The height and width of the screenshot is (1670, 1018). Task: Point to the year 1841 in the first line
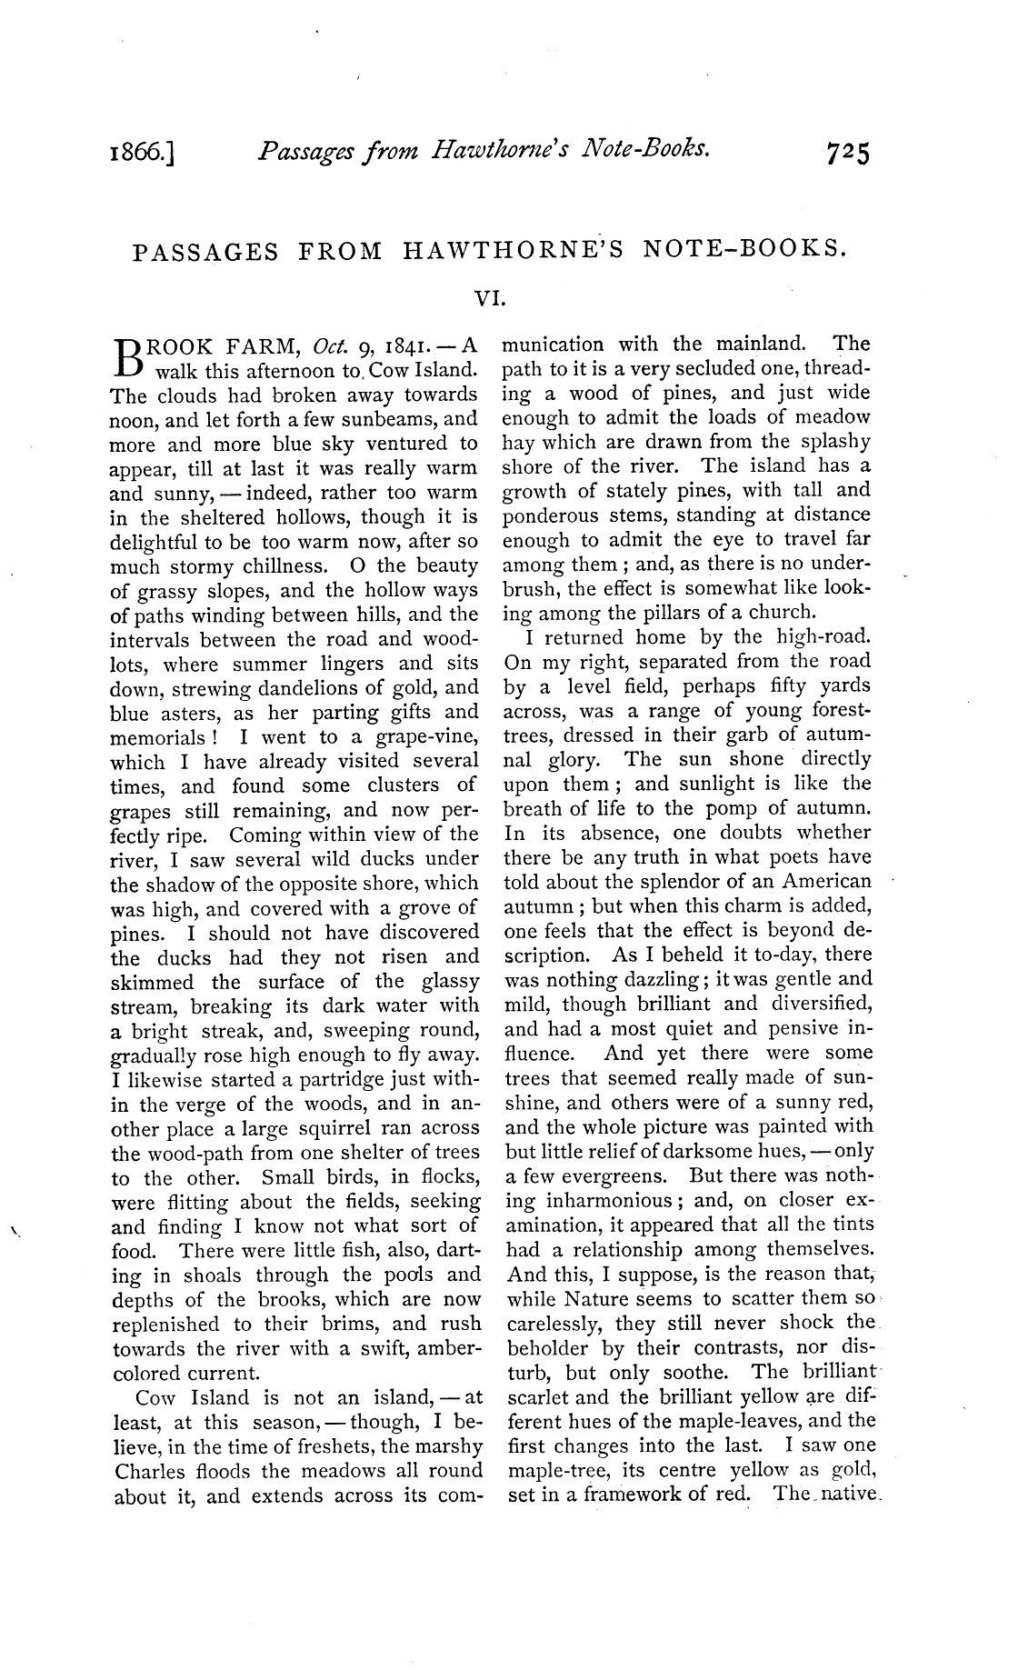click(x=407, y=345)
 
